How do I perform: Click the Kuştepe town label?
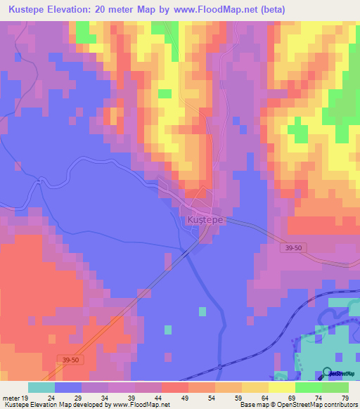coord(205,220)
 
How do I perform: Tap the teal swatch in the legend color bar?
coord(41,387)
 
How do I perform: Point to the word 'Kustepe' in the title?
coord(27,11)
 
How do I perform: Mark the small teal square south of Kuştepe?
coord(203,311)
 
